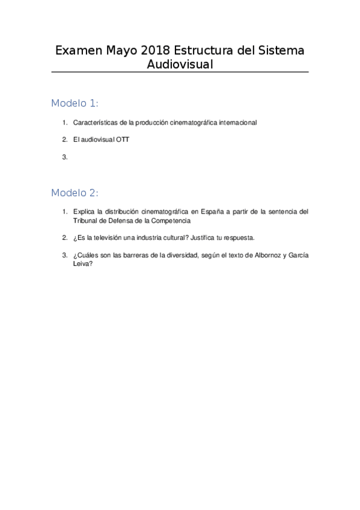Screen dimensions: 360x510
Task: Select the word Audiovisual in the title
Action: (x=180, y=64)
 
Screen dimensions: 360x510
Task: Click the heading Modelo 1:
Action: (x=75, y=103)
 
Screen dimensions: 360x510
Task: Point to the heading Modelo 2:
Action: (x=75, y=193)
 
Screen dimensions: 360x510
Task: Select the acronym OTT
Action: (x=122, y=140)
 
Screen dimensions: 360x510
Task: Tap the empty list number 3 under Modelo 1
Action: (x=64, y=157)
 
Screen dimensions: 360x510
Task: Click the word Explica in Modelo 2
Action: (x=84, y=212)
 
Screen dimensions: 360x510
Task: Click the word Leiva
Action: (x=81, y=263)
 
